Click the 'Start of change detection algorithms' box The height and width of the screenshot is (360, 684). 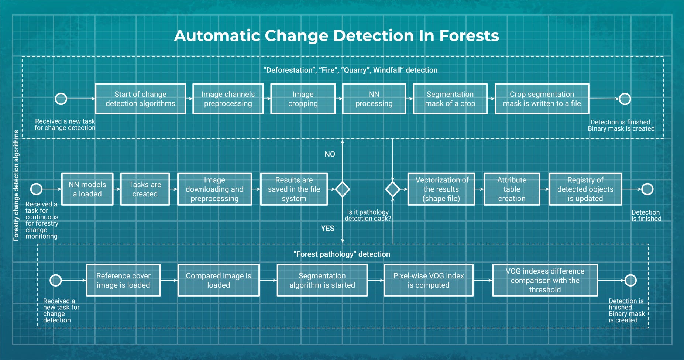[x=140, y=99]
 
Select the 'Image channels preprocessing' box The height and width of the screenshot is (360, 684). [x=228, y=99]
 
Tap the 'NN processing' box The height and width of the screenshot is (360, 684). [x=374, y=99]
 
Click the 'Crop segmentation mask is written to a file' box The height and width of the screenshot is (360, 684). [x=542, y=99]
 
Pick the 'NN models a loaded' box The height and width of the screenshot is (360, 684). [x=87, y=189]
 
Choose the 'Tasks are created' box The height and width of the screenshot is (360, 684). [x=145, y=189]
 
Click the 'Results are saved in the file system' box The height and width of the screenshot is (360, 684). [x=294, y=189]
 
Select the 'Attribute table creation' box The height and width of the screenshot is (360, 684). [x=512, y=189]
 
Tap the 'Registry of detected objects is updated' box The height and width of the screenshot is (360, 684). [x=585, y=189]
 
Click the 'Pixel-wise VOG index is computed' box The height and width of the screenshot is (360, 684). [x=428, y=280]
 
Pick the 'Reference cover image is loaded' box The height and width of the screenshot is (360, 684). [x=123, y=280]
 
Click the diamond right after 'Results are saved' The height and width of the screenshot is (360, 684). [x=342, y=189]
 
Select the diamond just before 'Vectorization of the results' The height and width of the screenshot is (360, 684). [x=392, y=189]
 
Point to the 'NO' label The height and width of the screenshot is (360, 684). [x=330, y=154]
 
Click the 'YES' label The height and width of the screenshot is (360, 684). [x=327, y=229]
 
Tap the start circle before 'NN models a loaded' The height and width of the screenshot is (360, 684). [x=36, y=189]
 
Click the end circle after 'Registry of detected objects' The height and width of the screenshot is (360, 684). [x=647, y=189]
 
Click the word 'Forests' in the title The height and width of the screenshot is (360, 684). [x=469, y=36]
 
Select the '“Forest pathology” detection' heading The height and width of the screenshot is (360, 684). [x=341, y=254]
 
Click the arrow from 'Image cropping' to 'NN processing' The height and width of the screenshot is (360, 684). [x=339, y=99]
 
